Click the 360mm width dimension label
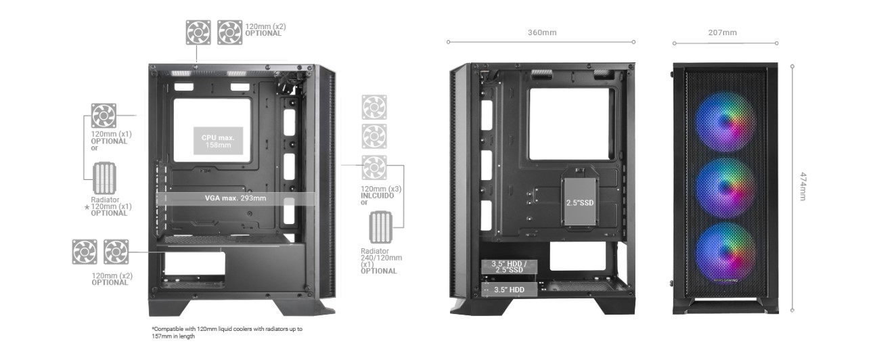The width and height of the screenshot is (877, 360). (541, 32)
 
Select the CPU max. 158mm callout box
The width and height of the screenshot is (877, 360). (217, 141)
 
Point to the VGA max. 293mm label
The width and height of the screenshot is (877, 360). (235, 198)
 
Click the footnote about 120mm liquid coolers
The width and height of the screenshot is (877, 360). (227, 332)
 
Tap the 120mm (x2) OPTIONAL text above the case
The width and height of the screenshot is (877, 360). (265, 30)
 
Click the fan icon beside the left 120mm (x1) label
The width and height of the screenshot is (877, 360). (104, 115)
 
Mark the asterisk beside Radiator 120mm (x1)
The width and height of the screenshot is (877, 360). (87, 208)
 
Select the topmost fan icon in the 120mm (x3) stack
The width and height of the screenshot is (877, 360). (374, 107)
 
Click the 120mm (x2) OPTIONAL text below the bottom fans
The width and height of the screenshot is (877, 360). (112, 279)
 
